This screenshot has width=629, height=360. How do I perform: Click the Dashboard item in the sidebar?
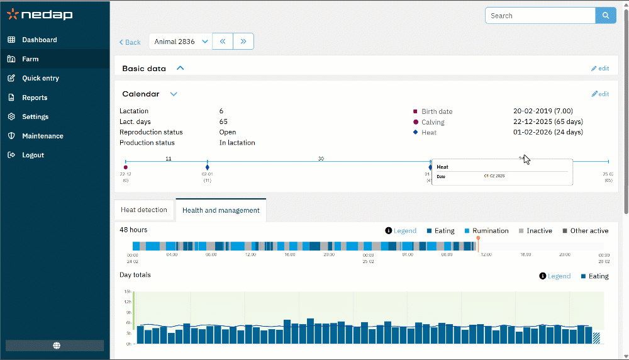coord(40,40)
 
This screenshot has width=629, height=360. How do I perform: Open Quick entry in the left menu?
coord(40,78)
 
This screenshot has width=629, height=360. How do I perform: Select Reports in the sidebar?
coord(35,98)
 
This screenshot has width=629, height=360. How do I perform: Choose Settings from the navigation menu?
coord(35,116)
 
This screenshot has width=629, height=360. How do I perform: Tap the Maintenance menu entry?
coord(43,136)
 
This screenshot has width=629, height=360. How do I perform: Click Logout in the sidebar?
coord(33,155)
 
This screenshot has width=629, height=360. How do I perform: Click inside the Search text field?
coord(540,16)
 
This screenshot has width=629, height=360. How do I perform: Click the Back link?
coord(130,42)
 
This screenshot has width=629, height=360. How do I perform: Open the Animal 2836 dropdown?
coord(181,42)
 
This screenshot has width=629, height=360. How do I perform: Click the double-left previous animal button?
coord(223,42)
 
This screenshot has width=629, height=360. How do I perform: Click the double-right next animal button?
coord(243,42)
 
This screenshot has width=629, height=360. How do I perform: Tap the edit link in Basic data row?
coord(600,68)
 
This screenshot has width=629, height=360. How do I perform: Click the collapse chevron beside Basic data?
coord(181,68)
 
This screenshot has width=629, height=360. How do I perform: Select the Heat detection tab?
coord(144,210)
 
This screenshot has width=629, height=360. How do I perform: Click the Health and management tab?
coord(221,210)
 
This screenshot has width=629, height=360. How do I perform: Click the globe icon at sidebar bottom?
coord(57,346)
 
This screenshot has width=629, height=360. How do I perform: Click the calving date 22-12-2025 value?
coord(547,122)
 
